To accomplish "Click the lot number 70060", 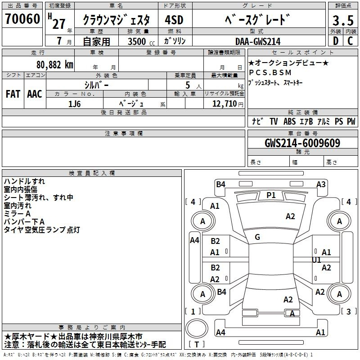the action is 22,19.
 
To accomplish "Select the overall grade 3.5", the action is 343,20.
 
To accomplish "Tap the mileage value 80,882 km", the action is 54,65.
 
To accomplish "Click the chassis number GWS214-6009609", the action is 302,143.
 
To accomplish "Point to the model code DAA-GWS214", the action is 258,41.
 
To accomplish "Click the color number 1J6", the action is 74,104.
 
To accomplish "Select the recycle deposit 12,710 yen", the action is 228,104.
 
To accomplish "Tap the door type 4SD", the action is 174,20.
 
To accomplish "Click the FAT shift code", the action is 13,94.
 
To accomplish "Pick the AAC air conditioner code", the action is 35,94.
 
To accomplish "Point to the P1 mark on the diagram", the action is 271,195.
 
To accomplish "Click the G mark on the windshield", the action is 257,237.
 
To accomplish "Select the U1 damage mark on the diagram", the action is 316,260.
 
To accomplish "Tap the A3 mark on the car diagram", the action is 321,184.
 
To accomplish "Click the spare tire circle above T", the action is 197,328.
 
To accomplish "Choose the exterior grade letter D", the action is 336,41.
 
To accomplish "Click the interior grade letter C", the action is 350,41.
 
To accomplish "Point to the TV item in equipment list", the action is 274,121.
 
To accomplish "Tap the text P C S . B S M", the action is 270,72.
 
